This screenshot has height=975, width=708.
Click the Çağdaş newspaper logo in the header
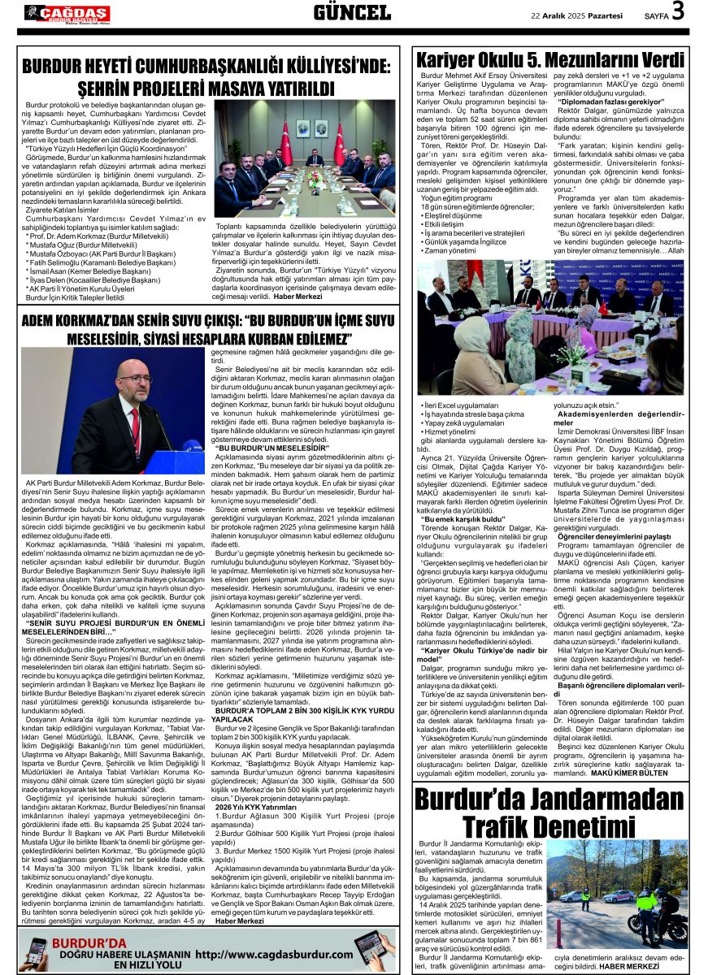67,13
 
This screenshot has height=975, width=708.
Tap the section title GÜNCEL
351,13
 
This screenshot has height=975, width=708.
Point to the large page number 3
677,11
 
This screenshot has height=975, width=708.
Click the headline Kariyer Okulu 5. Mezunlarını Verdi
550,60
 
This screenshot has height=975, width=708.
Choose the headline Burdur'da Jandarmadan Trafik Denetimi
550,822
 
